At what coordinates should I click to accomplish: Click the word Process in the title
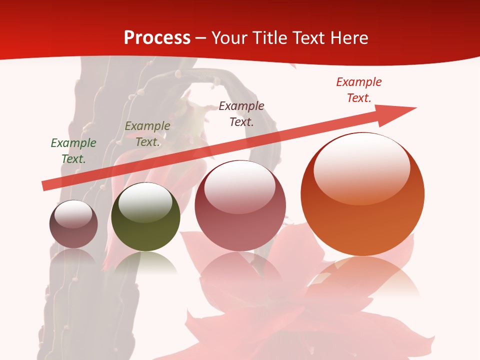[157, 38]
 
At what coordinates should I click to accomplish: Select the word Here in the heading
[350, 38]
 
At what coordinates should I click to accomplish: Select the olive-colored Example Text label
[147, 134]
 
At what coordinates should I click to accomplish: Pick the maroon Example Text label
[241, 113]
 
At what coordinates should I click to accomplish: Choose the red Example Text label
[359, 90]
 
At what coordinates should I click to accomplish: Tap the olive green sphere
[145, 217]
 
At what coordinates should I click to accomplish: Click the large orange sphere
[362, 195]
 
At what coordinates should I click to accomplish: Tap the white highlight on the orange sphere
[361, 167]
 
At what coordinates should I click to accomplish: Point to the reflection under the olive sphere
[145, 262]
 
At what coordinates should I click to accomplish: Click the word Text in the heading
[310, 38]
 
